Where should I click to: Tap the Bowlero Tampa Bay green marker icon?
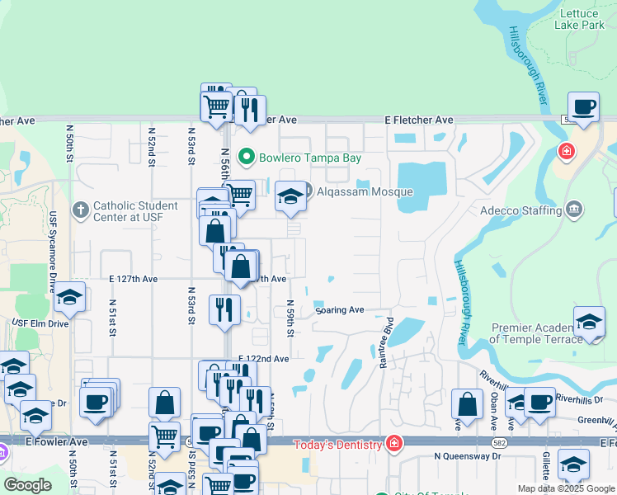click(246, 157)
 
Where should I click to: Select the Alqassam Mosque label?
click(364, 192)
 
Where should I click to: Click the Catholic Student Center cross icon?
click(80, 210)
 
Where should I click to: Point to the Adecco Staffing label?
click(521, 211)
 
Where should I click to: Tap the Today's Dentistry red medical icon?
click(394, 445)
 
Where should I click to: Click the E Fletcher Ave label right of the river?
click(420, 120)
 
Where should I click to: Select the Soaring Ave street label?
click(339, 310)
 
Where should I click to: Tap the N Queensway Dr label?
click(468, 456)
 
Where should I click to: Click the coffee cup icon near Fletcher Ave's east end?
click(583, 107)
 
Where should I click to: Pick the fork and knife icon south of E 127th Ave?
click(224, 310)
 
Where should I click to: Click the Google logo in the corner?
click(27, 485)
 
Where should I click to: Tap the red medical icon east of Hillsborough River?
click(566, 151)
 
